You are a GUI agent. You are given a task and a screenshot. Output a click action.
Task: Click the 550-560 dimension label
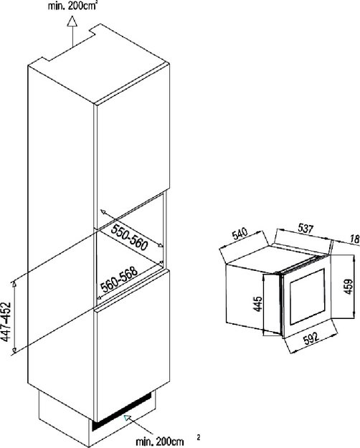(130, 237)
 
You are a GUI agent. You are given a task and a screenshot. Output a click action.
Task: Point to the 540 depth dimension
(240, 234)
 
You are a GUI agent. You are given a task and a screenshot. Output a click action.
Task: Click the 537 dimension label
(305, 228)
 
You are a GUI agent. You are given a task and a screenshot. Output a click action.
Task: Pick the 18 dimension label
(354, 239)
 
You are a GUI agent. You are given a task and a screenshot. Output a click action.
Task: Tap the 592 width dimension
(311, 338)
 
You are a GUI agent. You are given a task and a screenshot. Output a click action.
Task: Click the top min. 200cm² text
(72, 6)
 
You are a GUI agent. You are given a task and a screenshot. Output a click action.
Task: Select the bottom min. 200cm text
(159, 441)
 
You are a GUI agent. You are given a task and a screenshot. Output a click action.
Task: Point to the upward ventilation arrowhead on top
(72, 21)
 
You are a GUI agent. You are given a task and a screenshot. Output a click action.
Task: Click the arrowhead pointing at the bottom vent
(127, 417)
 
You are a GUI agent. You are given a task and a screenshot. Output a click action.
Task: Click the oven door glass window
(308, 297)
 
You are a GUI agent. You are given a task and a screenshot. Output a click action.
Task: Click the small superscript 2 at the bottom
(199, 437)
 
